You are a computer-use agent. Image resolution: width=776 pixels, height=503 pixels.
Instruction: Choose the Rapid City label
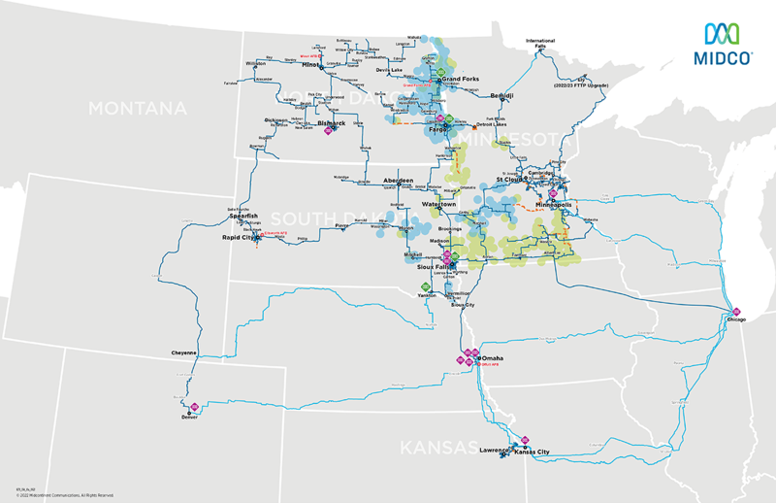click(x=235, y=235)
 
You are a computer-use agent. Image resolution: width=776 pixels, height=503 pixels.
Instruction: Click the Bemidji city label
click(x=501, y=96)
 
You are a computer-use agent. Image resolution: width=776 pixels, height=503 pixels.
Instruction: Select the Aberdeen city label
click(x=398, y=181)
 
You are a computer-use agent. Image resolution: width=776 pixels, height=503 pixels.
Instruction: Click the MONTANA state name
click(x=137, y=108)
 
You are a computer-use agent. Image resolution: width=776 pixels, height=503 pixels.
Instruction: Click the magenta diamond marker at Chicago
click(x=734, y=309)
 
